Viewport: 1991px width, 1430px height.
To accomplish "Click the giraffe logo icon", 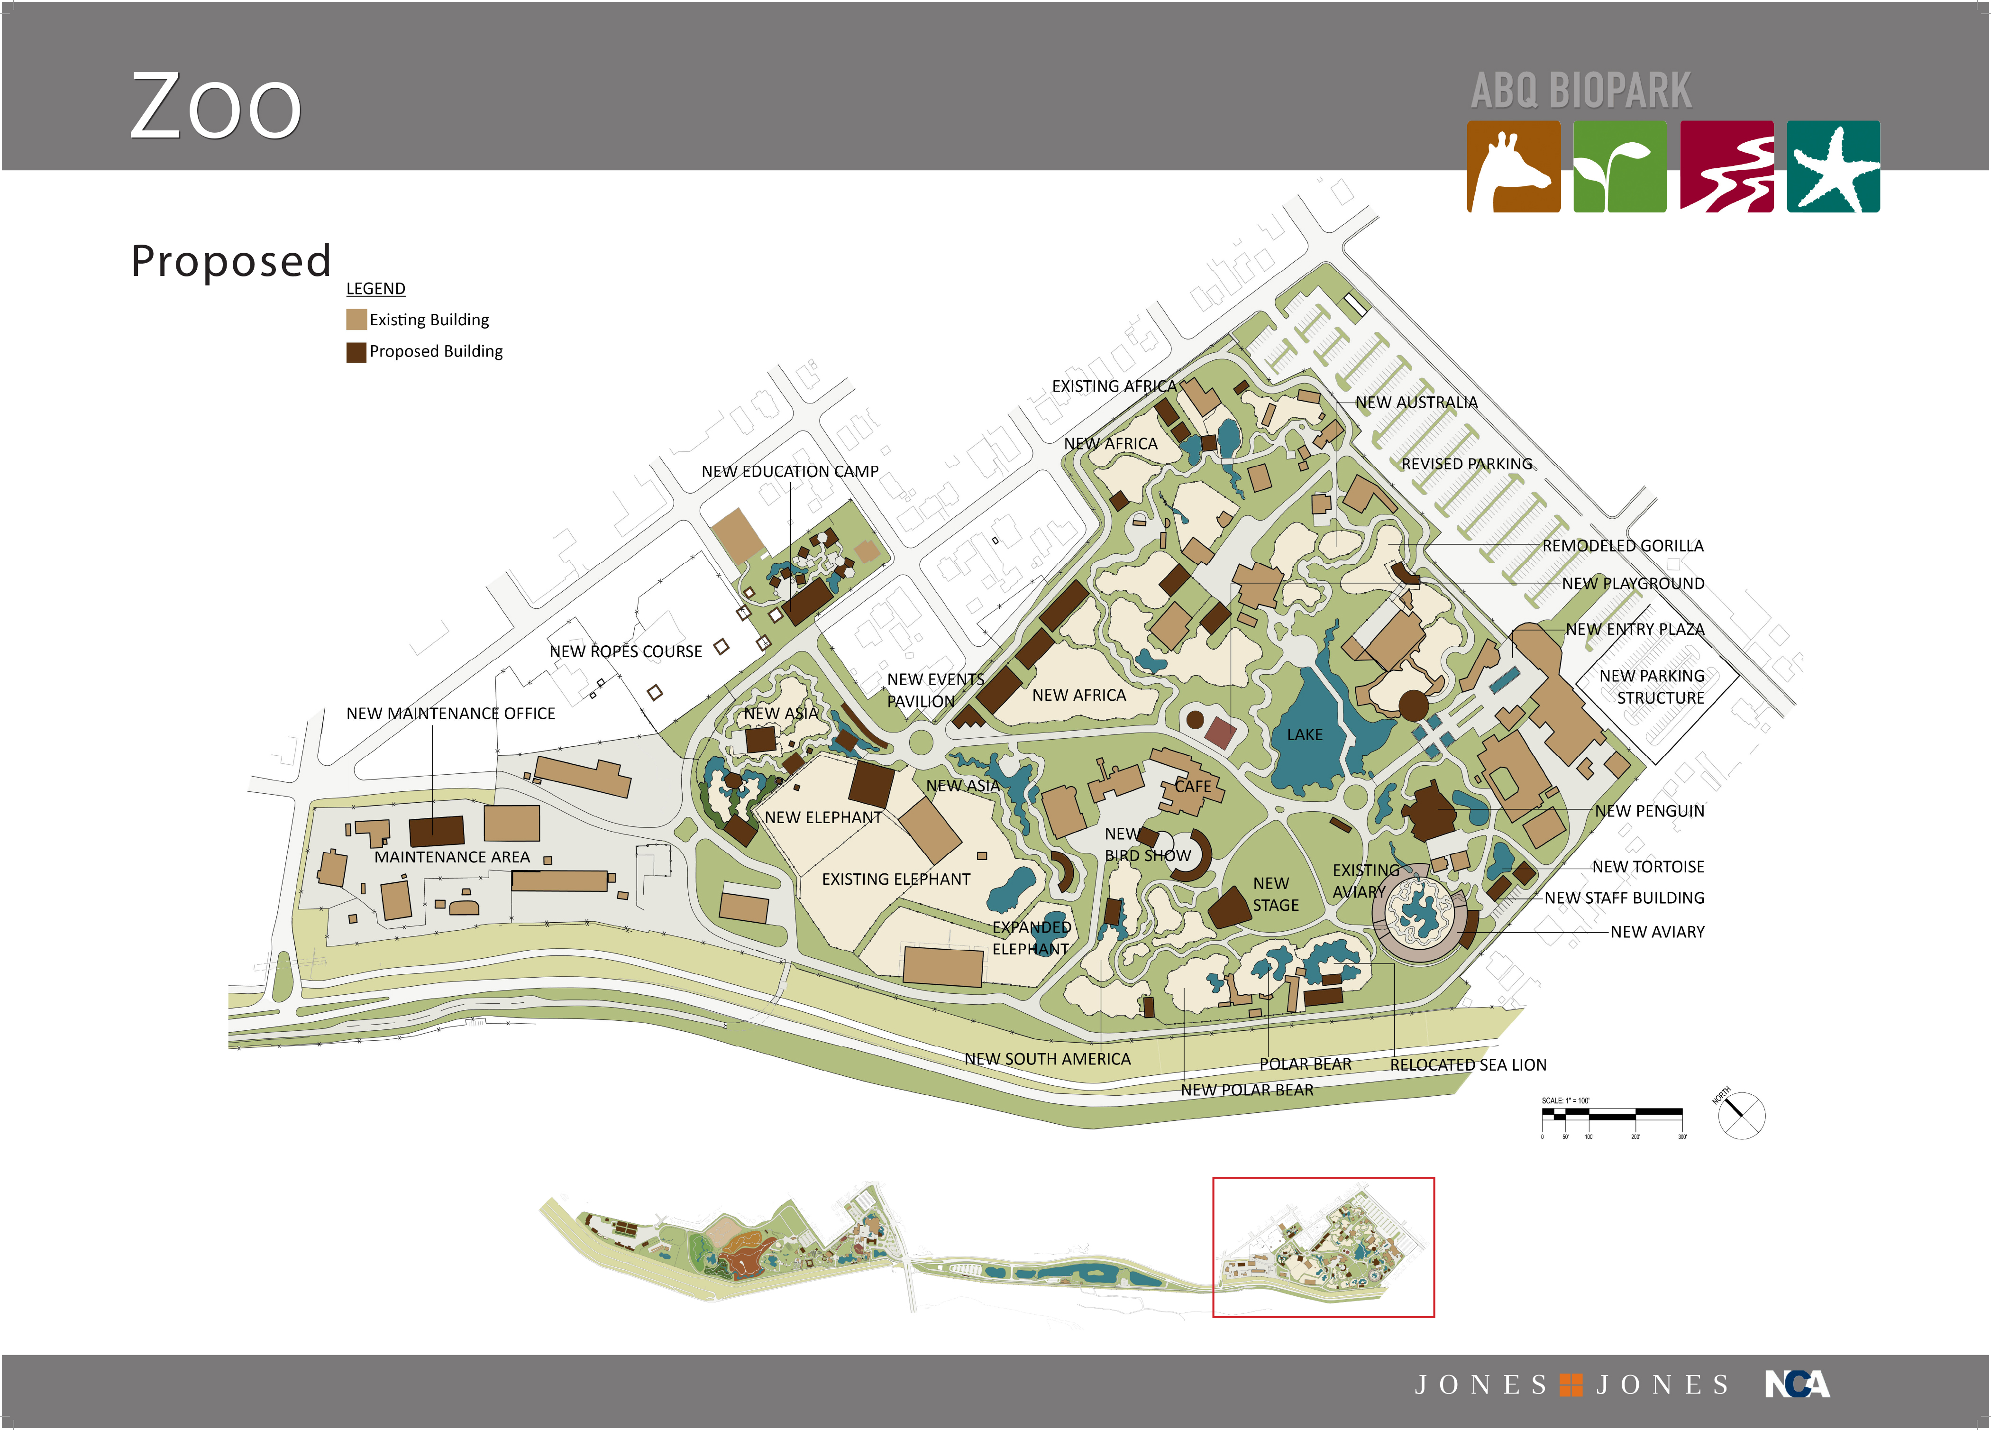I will coord(1514,167).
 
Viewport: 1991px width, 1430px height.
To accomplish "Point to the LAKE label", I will coord(1305,735).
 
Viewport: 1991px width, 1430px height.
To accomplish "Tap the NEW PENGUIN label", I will coord(1650,811).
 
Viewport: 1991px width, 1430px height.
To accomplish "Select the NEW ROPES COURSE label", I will coord(625,651).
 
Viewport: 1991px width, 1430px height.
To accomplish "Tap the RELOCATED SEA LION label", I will coord(1468,1065).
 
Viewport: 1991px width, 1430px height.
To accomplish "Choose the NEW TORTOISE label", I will coord(1648,866).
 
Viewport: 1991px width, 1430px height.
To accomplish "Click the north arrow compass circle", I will coord(1741,1116).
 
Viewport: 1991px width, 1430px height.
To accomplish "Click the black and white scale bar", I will coord(1612,1115).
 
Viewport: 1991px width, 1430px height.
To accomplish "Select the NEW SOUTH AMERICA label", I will coord(1047,1060).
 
